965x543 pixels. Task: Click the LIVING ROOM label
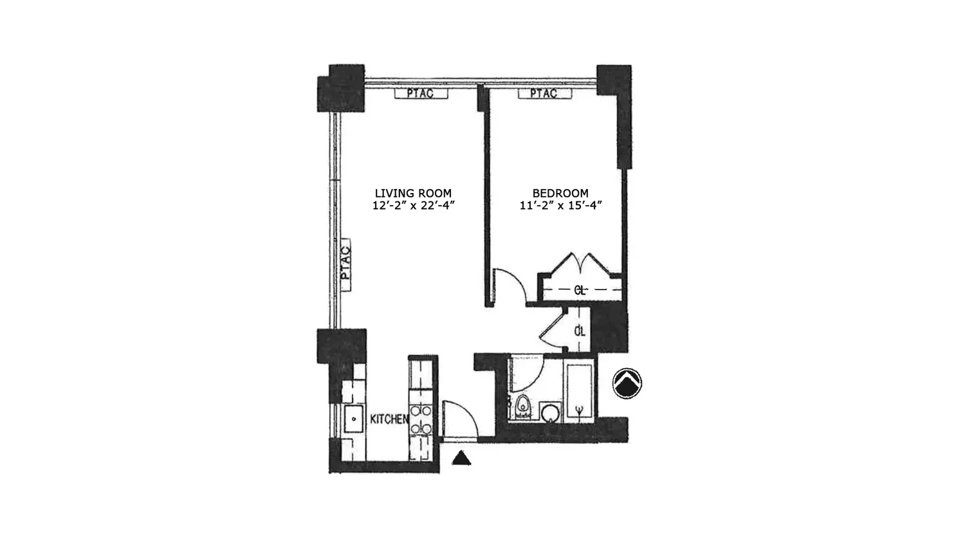tap(413, 193)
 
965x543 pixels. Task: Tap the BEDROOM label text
tap(560, 193)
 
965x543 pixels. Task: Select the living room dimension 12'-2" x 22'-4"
tap(414, 206)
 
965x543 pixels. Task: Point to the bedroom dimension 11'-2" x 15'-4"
tap(560, 206)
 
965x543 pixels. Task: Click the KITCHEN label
tap(389, 419)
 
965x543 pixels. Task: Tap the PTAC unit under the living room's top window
tap(421, 93)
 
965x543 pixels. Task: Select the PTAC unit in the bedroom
tap(544, 93)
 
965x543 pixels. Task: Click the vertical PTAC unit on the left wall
tap(345, 264)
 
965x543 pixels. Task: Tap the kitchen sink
tap(354, 418)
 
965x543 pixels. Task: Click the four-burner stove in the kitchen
tap(421, 419)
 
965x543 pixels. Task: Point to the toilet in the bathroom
tap(522, 407)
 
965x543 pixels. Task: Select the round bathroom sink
tap(551, 413)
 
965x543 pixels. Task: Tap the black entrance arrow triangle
tap(461, 458)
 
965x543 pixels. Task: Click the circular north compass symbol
tap(627, 383)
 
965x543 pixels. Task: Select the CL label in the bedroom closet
tap(580, 290)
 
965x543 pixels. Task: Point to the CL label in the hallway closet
tap(580, 331)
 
